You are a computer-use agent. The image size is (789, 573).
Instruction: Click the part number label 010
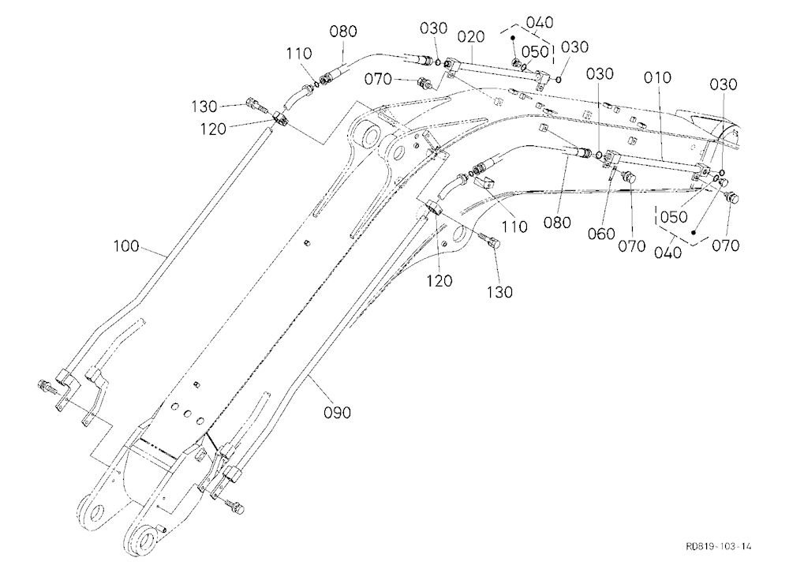[x=657, y=77]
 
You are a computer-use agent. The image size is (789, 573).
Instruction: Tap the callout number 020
[x=471, y=37]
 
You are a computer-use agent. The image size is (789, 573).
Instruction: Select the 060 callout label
[x=601, y=234]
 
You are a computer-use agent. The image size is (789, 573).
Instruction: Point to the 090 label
[x=337, y=412]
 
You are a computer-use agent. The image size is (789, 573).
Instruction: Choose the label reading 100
[x=126, y=246]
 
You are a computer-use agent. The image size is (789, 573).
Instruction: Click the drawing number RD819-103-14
[x=718, y=546]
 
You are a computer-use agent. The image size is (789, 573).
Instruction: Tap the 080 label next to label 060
[x=557, y=223]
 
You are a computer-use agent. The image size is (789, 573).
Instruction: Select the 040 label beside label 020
[x=540, y=23]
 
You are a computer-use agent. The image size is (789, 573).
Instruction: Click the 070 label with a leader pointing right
[x=378, y=79]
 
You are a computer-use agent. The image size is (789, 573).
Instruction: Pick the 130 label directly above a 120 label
[x=204, y=107]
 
